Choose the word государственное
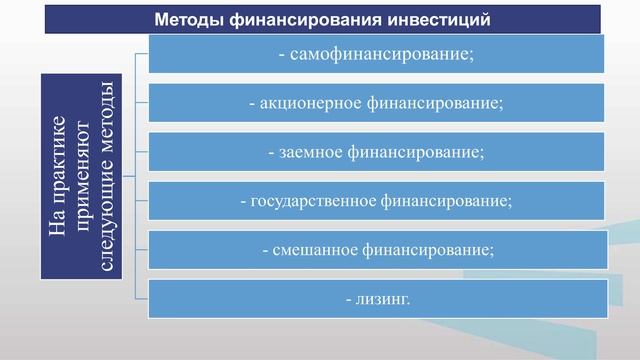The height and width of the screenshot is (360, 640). [313, 201]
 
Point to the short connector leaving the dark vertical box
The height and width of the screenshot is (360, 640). [128, 176]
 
